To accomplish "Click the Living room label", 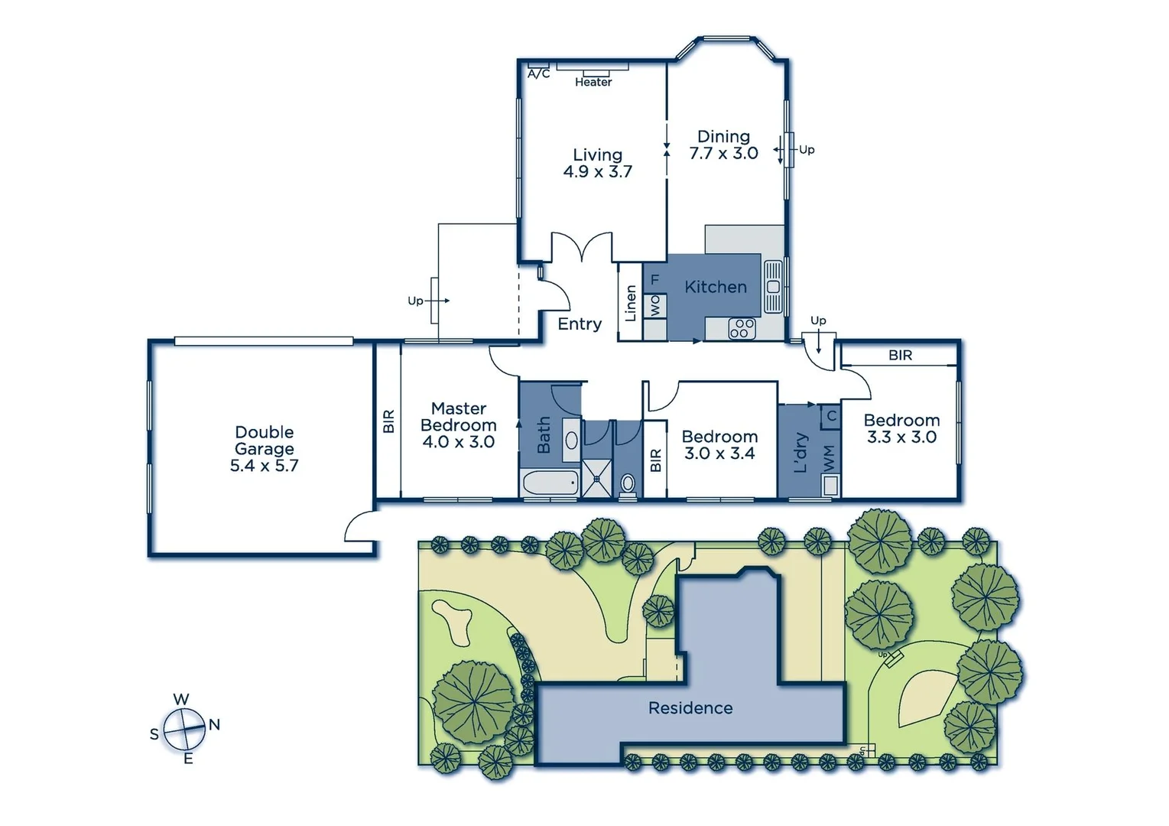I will pyautogui.click(x=597, y=155).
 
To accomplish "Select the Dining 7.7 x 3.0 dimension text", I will pyautogui.click(x=723, y=154).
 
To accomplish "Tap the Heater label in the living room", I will pyautogui.click(x=593, y=82).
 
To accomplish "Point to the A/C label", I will pyautogui.click(x=538, y=74).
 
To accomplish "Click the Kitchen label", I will pyautogui.click(x=716, y=287).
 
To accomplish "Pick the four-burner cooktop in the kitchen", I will pyautogui.click(x=742, y=329).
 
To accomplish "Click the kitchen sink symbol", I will pyautogui.click(x=772, y=287).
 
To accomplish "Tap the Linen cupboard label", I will pyautogui.click(x=631, y=303).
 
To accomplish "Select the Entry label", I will pyautogui.click(x=579, y=324).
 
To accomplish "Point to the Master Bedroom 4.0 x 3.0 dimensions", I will pyautogui.click(x=459, y=442).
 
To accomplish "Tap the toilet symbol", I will pyautogui.click(x=628, y=483).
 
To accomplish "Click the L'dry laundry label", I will pyautogui.click(x=800, y=452).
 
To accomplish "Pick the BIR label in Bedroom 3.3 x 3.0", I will pyautogui.click(x=900, y=355).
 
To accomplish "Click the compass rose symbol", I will pyautogui.click(x=184, y=729).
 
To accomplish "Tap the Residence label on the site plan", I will pyautogui.click(x=690, y=708).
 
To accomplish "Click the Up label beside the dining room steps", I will pyautogui.click(x=807, y=150).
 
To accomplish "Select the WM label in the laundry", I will pyautogui.click(x=829, y=458).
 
